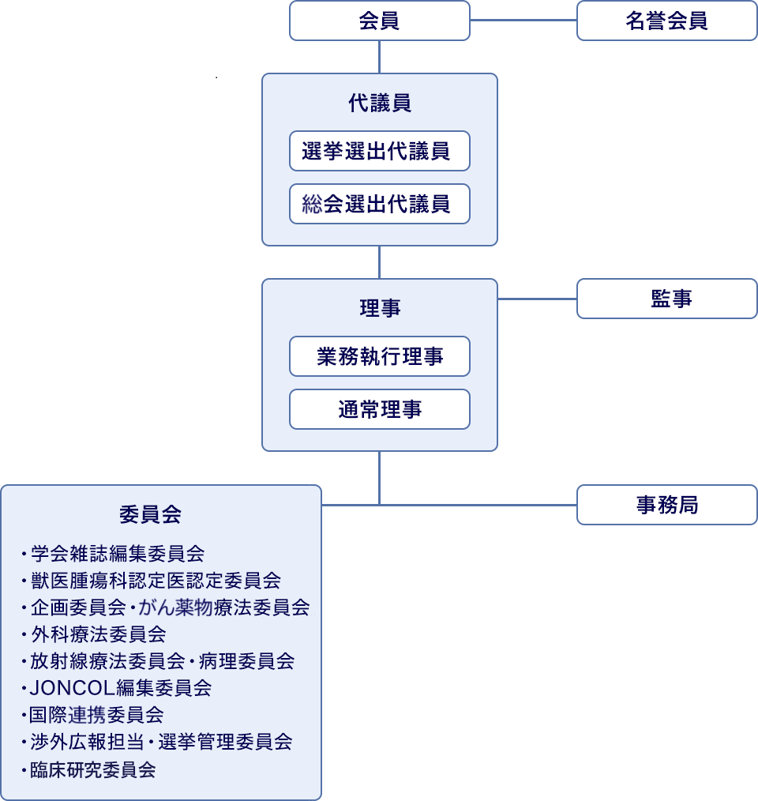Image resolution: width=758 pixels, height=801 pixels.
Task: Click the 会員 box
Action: [380, 21]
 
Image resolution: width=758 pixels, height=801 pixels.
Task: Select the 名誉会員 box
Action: [667, 21]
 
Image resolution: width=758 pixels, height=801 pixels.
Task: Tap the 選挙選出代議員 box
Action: [380, 151]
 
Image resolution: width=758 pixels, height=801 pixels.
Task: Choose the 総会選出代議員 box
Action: [380, 204]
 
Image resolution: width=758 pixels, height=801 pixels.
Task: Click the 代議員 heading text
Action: [380, 103]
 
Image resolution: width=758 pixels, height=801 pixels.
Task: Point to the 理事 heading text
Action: [380, 308]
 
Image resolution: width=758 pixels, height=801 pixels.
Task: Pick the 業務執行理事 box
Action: [380, 356]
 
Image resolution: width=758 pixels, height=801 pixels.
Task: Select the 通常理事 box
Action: [380, 409]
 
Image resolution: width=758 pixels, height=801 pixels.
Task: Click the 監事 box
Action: [667, 299]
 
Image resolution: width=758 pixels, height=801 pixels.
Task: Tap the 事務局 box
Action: [667, 505]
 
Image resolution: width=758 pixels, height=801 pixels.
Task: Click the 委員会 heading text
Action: [150, 514]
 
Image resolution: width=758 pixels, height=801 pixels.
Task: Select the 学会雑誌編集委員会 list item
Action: [117, 553]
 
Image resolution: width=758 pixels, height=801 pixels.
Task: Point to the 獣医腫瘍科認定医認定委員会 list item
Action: [155, 581]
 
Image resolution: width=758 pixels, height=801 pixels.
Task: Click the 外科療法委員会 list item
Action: [98, 634]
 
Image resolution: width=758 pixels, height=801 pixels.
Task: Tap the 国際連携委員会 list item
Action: [96, 715]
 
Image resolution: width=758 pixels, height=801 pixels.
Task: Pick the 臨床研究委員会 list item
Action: [92, 769]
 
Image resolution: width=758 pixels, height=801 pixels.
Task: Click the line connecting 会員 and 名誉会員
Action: [523, 21]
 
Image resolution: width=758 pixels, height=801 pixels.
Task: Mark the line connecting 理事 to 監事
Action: [537, 299]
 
